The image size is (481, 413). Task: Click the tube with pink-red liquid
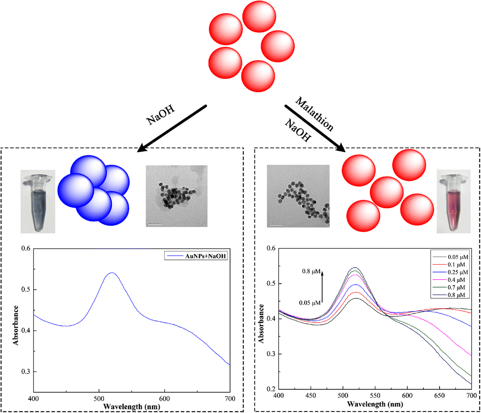point(454,201)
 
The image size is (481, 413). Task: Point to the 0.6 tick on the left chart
point(25,249)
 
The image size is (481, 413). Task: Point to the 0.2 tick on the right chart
point(269,389)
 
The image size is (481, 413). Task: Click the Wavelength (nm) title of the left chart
point(131,406)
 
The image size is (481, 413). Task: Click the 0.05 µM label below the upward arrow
point(309,303)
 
